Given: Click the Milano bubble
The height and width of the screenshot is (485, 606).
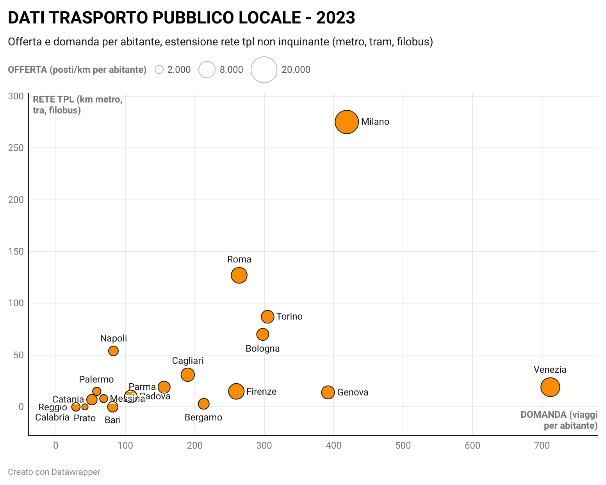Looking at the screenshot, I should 346,122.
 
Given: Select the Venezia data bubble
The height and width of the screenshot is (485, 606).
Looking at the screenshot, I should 550,387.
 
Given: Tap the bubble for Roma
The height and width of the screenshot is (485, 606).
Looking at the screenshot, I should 239,275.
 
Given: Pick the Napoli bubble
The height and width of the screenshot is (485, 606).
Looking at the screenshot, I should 113,351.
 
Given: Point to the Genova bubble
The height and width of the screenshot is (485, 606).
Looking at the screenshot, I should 328,392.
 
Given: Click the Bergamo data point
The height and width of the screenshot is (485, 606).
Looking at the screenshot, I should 203,404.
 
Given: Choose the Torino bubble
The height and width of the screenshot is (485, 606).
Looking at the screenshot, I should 267,316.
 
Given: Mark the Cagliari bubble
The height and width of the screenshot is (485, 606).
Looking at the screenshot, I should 188,375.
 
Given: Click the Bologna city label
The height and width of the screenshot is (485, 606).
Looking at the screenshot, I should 262,348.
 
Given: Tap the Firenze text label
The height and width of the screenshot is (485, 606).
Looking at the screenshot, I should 261,392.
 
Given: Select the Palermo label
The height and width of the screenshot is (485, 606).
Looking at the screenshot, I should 96,379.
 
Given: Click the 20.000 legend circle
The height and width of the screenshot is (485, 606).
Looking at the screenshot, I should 264,70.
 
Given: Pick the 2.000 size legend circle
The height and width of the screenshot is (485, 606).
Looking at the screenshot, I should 159,70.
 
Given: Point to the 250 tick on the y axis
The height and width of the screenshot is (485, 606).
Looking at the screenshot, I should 16,148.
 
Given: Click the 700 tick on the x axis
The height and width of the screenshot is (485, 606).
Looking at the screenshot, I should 542,445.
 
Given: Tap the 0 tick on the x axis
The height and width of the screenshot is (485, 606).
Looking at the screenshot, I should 56,445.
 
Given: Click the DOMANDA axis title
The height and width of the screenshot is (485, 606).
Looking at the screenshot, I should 559,420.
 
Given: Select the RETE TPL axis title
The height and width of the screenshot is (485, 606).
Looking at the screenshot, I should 77,105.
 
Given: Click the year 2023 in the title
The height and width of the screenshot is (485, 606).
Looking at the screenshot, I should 335,18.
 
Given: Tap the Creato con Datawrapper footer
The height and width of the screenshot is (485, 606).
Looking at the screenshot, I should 54,472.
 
